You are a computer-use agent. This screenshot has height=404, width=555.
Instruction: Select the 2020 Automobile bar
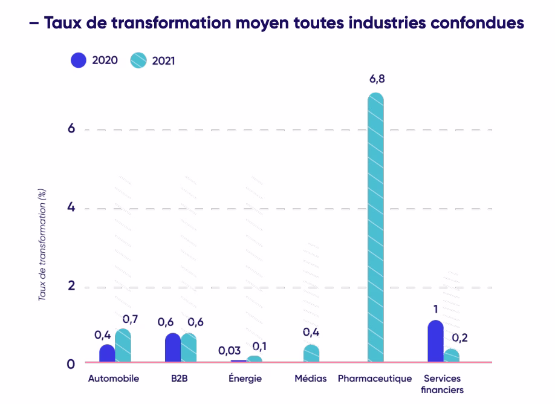pos(107,353)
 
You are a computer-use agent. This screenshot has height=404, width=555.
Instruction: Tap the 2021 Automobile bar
pos(123,346)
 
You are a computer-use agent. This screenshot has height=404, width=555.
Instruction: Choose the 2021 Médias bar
pos(311,354)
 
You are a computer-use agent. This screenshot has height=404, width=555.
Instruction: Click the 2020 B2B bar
pos(172,348)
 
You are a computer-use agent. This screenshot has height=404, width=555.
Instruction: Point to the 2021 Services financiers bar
pos(451,356)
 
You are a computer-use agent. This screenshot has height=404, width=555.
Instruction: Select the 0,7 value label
pos(130,319)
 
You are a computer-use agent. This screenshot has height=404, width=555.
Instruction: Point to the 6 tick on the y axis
pos(71,129)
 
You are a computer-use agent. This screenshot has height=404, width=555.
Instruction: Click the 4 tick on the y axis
pos(71,207)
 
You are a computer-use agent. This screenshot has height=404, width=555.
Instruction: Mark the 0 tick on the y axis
pos(71,363)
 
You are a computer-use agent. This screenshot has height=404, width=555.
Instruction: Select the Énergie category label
pos(245,379)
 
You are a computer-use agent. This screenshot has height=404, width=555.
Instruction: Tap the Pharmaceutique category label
pos(375,379)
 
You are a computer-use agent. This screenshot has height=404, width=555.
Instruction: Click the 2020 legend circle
pos(79,60)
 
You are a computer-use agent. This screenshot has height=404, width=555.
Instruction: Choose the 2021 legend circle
pos(139,60)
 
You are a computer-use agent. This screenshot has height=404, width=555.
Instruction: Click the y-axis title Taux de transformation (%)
pos(42,245)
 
